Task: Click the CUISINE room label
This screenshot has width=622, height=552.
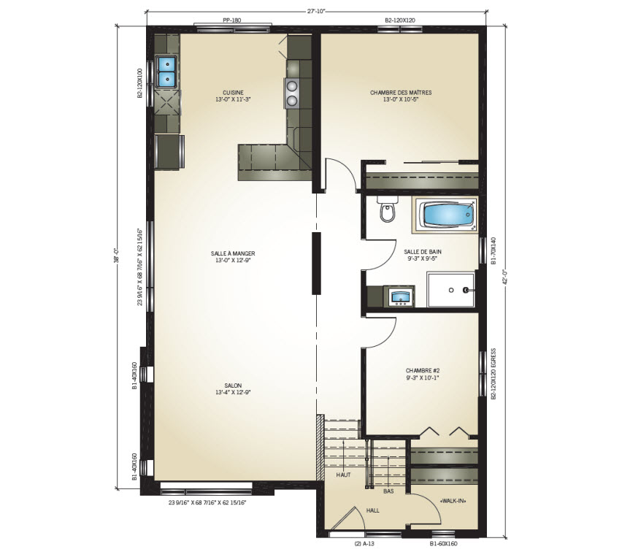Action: point(233,93)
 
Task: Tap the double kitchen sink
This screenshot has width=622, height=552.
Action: point(167,72)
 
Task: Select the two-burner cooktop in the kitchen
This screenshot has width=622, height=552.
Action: point(291,93)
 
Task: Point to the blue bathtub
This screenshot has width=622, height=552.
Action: point(447,214)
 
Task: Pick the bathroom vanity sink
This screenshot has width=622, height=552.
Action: point(399,296)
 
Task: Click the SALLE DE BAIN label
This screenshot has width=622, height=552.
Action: point(423,252)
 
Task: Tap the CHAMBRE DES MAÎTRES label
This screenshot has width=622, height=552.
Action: point(401,93)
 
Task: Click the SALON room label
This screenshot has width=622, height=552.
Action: point(233,386)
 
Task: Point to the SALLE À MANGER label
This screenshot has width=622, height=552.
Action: point(233,253)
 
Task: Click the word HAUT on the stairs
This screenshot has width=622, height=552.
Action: point(343,475)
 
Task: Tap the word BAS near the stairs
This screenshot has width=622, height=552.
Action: point(388,491)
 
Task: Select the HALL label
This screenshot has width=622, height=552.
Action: point(372,510)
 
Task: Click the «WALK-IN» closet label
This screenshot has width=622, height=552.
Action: point(453,501)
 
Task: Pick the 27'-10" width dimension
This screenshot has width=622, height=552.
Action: point(316,11)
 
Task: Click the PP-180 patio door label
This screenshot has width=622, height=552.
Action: point(232,20)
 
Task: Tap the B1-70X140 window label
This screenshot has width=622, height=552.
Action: point(494,250)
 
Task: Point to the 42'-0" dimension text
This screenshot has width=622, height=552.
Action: point(504,277)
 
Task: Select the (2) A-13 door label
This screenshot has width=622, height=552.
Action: point(364,543)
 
